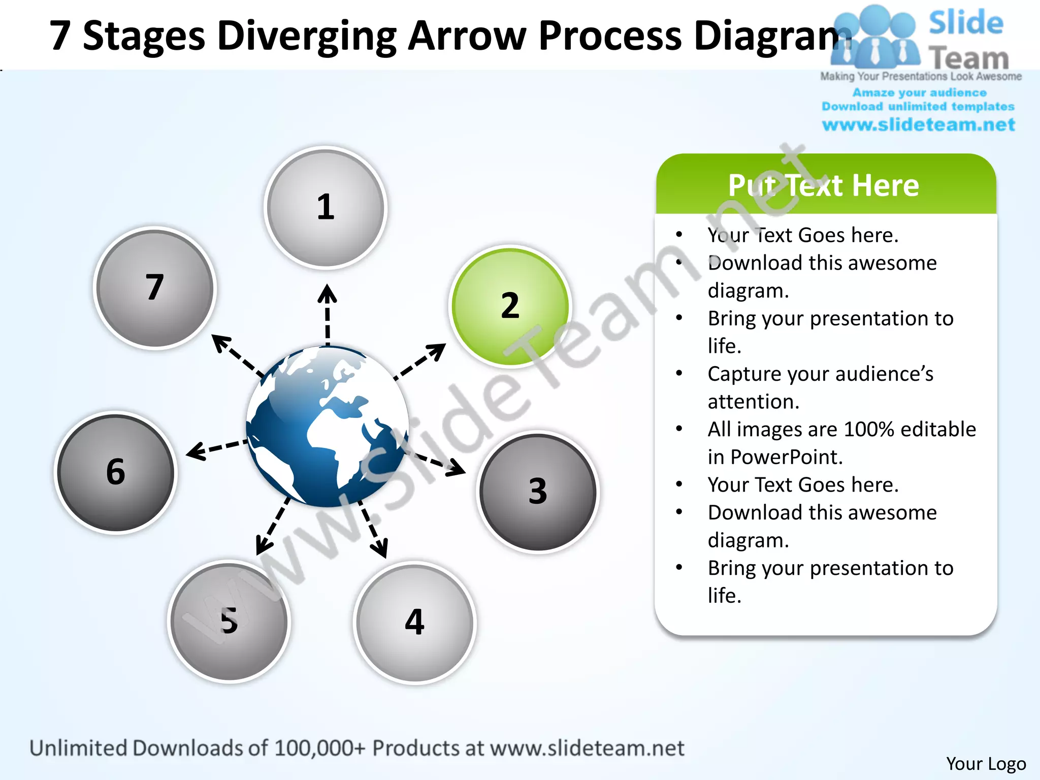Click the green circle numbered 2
pyautogui.click(x=510, y=306)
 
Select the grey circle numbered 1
pyautogui.click(x=326, y=207)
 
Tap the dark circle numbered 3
pyautogui.click(x=538, y=492)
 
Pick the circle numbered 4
pyautogui.click(x=415, y=623)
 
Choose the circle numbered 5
pyautogui.click(x=229, y=622)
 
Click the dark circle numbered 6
pyautogui.click(x=116, y=472)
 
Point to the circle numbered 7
pyautogui.click(x=155, y=288)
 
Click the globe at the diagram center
pyautogui.click(x=328, y=427)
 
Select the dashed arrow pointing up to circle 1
pyautogui.click(x=328, y=315)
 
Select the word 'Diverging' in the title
pyautogui.click(x=307, y=36)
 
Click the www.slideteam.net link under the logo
pyautogui.click(x=918, y=125)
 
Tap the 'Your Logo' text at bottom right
pyautogui.click(x=986, y=764)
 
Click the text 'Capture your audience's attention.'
pyautogui.click(x=820, y=387)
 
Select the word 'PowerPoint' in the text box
pyautogui.click(x=787, y=457)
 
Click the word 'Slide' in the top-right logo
pyautogui.click(x=966, y=23)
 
